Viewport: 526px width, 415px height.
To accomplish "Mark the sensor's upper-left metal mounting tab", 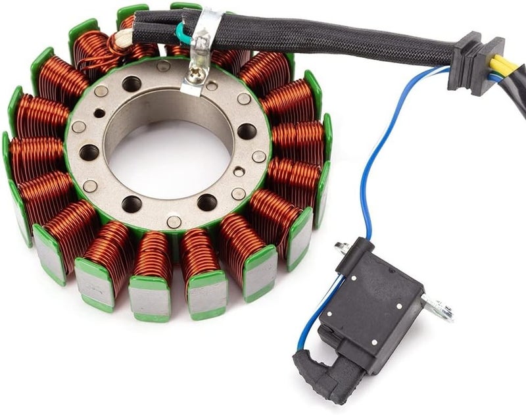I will [341, 248].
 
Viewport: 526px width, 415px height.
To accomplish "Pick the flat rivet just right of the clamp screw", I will [212, 85].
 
